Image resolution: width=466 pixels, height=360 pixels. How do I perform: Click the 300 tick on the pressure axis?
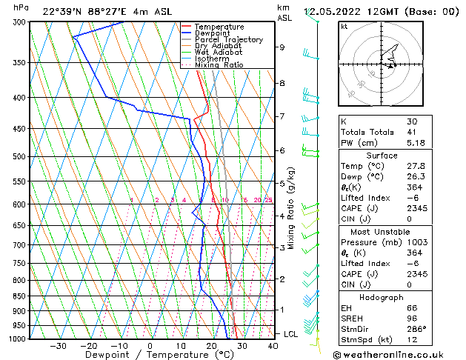coord(18,22)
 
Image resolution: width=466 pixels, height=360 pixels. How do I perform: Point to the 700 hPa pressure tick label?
coord(18,245)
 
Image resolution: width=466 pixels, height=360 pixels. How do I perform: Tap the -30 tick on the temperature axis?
coord(58,346)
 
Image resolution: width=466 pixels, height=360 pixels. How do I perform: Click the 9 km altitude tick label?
coord(282,47)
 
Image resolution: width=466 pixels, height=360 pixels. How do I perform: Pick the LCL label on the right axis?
coord(291,334)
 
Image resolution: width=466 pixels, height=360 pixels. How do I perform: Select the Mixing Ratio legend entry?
coord(219,65)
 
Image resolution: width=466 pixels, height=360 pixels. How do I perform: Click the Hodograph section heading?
coord(382,297)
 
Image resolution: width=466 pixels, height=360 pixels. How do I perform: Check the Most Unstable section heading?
coord(382,221)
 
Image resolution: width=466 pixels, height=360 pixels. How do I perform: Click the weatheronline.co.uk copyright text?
coord(398,354)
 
